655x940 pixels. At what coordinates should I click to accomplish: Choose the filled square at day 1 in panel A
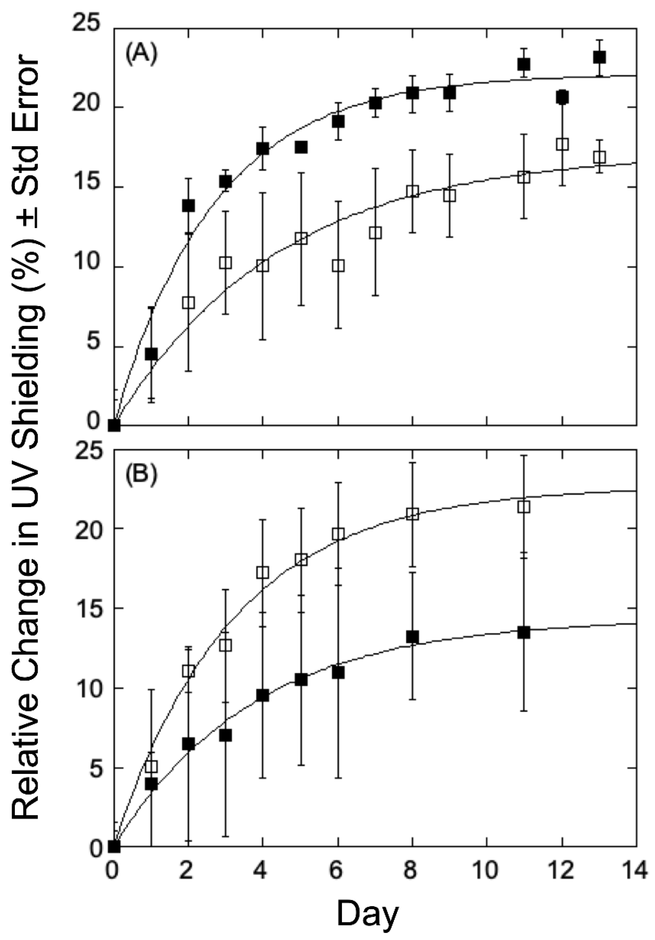(x=151, y=354)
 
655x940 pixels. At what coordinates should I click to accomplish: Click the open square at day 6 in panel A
(x=338, y=266)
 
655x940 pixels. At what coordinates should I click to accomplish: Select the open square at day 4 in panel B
(x=263, y=572)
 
